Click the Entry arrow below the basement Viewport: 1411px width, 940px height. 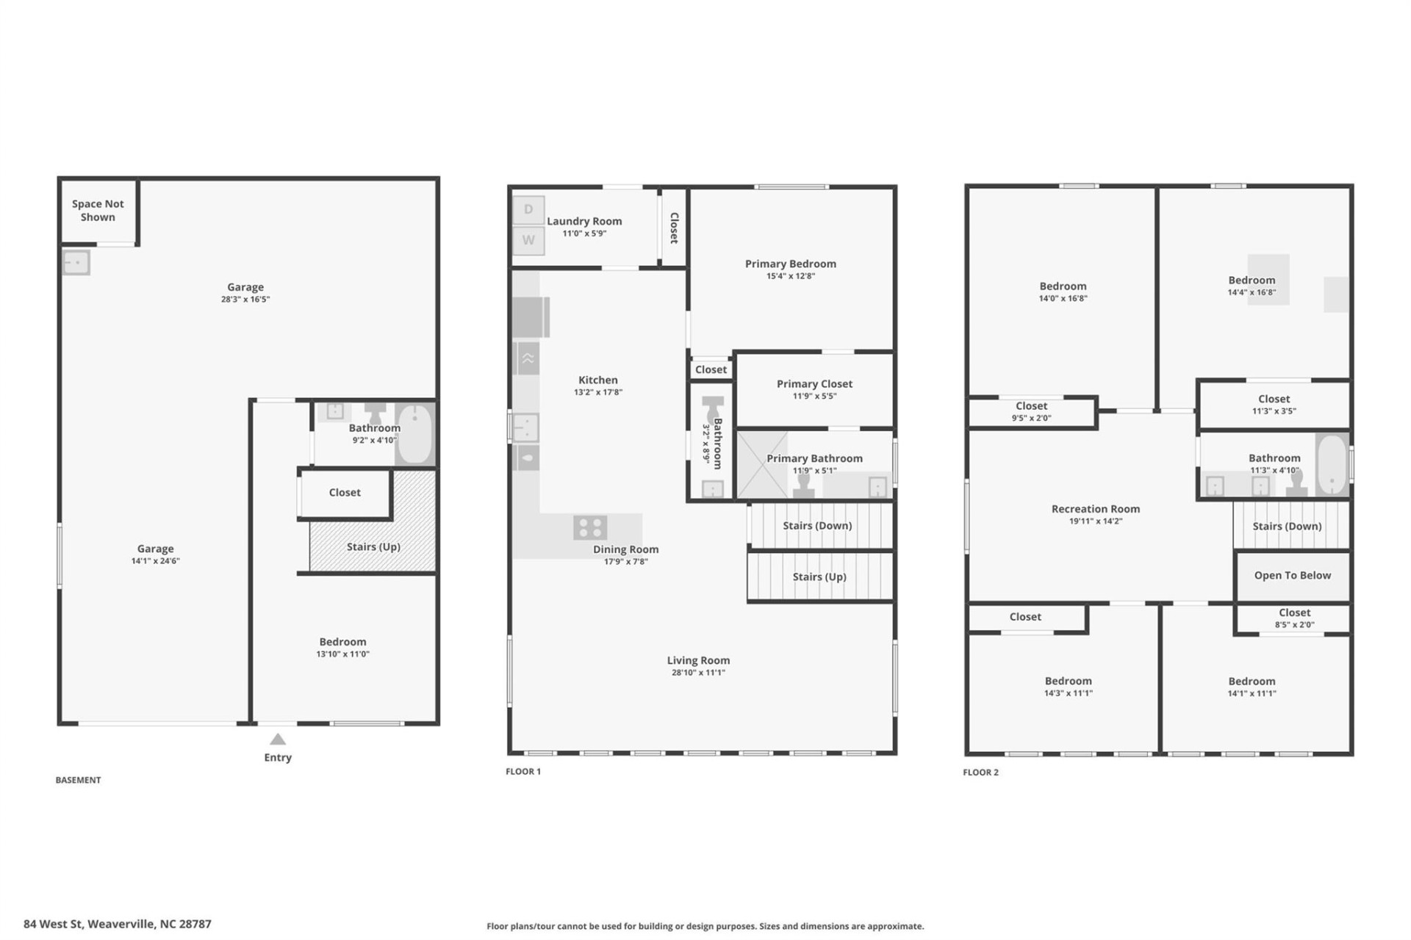point(278,740)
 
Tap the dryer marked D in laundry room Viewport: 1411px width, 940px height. point(528,210)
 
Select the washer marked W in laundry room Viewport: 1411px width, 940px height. point(528,240)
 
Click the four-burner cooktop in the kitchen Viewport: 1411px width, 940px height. point(590,527)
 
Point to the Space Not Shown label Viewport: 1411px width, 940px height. point(98,210)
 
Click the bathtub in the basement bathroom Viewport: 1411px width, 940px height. point(415,433)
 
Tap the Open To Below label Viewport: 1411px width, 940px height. point(1292,575)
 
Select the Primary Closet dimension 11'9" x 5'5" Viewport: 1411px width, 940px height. point(814,396)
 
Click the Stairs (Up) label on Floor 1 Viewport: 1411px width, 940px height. point(819,576)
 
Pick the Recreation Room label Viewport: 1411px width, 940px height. point(1095,508)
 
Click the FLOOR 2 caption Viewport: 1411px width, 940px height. point(980,772)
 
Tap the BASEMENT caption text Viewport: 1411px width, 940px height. point(78,780)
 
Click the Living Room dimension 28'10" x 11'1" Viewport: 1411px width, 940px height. point(698,672)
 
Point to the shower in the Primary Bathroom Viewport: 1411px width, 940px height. point(762,465)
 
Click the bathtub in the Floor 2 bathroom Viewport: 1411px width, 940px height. point(1331,465)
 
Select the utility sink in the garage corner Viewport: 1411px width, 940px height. point(76,262)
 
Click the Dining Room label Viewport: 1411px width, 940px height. point(625,549)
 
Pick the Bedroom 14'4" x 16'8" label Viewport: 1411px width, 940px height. point(1251,280)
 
